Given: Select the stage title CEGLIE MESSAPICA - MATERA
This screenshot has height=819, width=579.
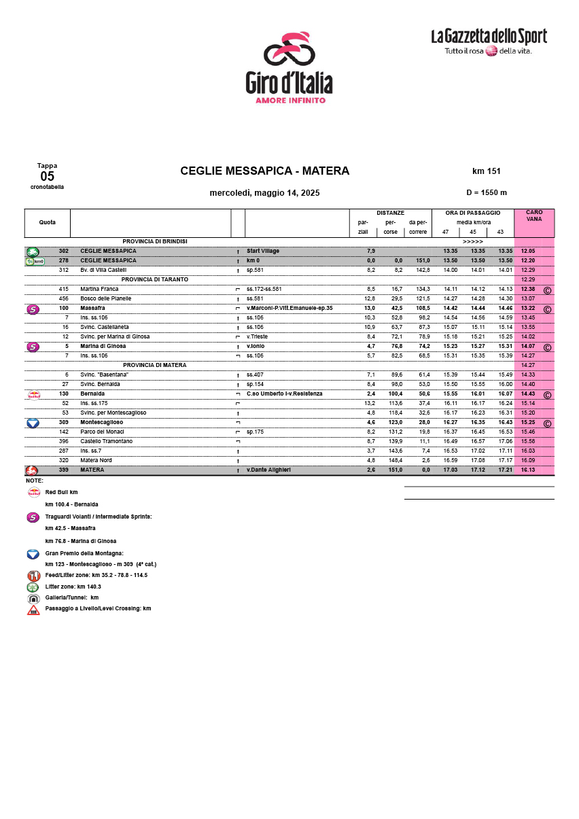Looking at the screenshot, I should [x=264, y=171].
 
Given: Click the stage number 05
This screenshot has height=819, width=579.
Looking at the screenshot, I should [x=47, y=177].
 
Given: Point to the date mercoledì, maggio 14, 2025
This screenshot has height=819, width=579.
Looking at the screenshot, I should [x=264, y=193].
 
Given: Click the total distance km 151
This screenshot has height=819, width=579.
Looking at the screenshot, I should [x=486, y=171].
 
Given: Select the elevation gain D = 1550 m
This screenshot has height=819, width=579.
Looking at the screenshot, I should [x=486, y=193].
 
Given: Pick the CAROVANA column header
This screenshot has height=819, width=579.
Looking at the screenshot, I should [x=534, y=215].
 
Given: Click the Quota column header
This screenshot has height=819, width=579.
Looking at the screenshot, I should [x=48, y=222].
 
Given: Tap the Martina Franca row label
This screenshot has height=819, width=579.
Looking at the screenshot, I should [x=99, y=290].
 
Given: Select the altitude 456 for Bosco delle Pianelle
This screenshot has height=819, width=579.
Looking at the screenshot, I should [x=64, y=299].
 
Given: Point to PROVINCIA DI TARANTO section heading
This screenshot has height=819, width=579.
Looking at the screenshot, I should [x=154, y=279].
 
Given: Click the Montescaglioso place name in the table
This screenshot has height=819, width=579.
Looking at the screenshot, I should [x=102, y=423].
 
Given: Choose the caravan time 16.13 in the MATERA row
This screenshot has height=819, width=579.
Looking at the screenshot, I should [x=528, y=470].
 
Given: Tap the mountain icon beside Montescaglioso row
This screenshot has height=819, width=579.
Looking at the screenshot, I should [x=32, y=423].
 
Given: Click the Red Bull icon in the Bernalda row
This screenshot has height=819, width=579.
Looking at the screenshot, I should [x=33, y=394].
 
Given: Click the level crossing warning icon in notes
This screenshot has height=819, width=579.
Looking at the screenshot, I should [x=33, y=610].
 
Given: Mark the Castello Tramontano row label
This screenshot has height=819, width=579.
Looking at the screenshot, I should [x=106, y=442].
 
